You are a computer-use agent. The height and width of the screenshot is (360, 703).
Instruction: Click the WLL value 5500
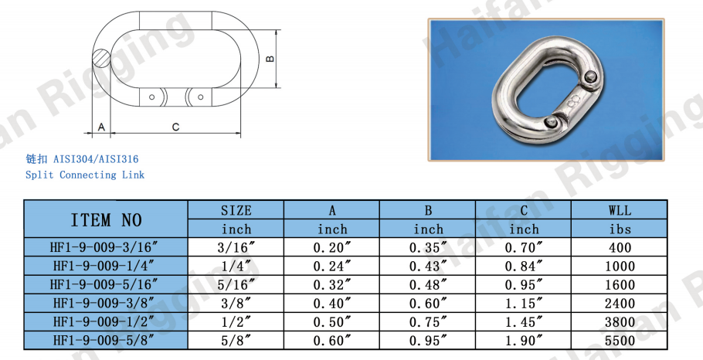click(620, 341)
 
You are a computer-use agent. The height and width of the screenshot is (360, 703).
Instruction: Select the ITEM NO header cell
click(106, 219)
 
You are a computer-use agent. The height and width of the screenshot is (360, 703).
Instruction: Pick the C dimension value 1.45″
click(524, 322)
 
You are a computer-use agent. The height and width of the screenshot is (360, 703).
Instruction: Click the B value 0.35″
click(428, 247)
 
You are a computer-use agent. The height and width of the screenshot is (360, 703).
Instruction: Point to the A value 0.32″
click(332, 285)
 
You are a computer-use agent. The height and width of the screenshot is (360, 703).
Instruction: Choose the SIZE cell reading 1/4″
click(236, 266)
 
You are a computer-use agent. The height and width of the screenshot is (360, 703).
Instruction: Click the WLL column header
click(620, 210)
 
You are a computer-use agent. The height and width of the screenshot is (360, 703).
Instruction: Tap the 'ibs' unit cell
click(620, 229)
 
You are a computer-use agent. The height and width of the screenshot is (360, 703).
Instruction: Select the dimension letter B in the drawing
click(270, 59)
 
